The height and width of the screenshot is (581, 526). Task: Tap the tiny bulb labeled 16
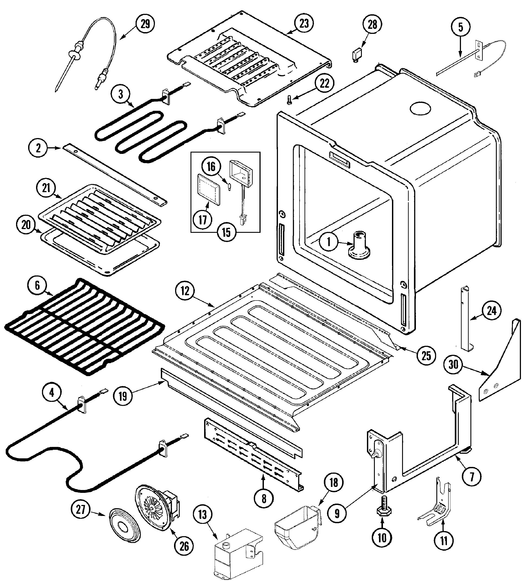(x=229, y=187)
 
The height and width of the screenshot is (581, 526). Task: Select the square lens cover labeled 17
(x=208, y=189)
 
